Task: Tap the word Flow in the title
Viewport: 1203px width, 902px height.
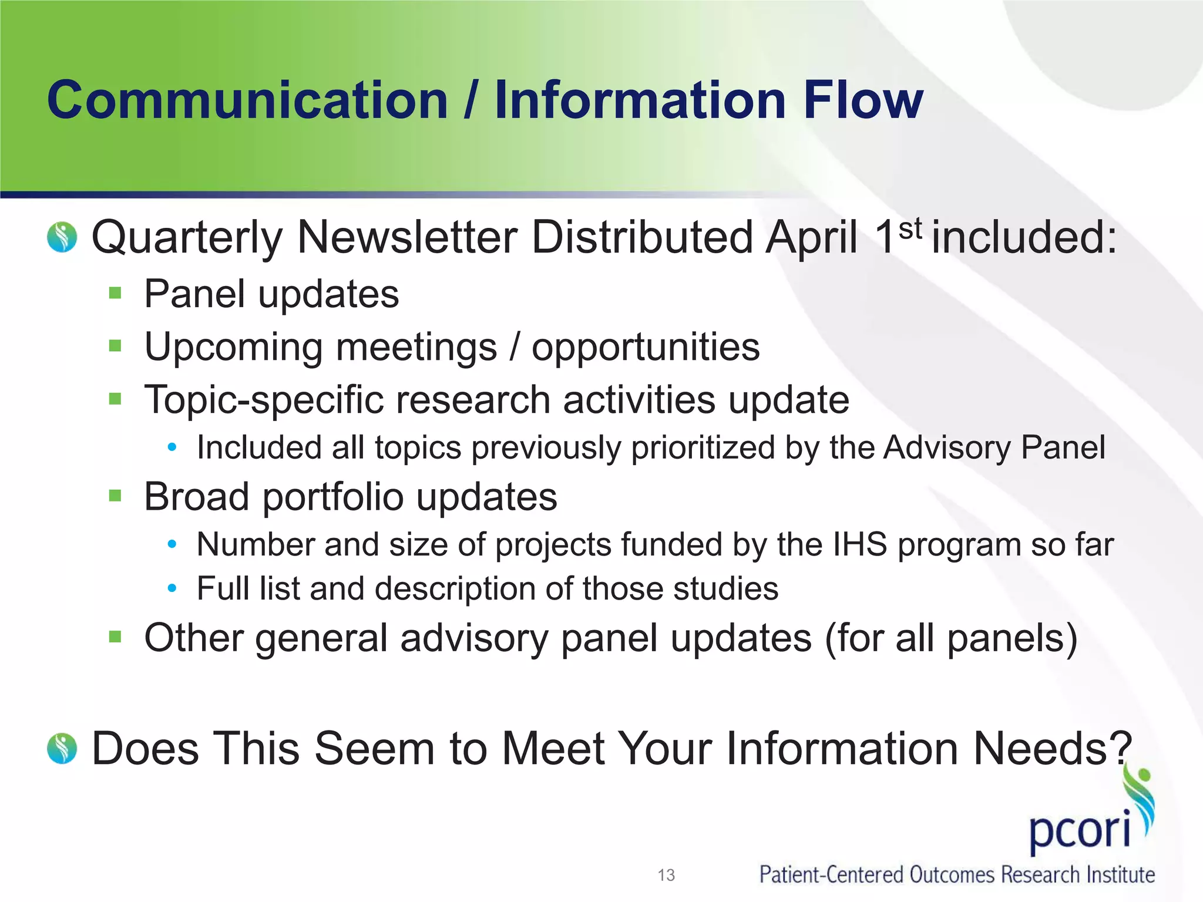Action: tap(863, 100)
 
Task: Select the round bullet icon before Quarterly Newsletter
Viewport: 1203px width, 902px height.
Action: tap(62, 237)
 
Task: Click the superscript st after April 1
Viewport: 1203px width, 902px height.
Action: tap(910, 228)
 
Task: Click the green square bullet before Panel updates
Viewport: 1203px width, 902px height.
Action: tap(115, 292)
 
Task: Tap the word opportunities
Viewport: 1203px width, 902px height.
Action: tap(646, 348)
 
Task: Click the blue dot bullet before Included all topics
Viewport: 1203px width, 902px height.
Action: tap(172, 447)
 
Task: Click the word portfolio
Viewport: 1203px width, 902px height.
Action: tap(333, 497)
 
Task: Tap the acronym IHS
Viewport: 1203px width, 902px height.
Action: tap(859, 544)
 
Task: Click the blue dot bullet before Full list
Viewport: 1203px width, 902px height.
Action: tap(172, 588)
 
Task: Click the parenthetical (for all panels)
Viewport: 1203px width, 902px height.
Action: tap(952, 638)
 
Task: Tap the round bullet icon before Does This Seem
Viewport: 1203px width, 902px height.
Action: tap(62, 749)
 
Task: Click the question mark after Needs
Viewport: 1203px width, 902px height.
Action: tap(1121, 748)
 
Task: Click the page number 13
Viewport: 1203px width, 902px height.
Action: tap(666, 875)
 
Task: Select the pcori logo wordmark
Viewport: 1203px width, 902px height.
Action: tap(1080, 830)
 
